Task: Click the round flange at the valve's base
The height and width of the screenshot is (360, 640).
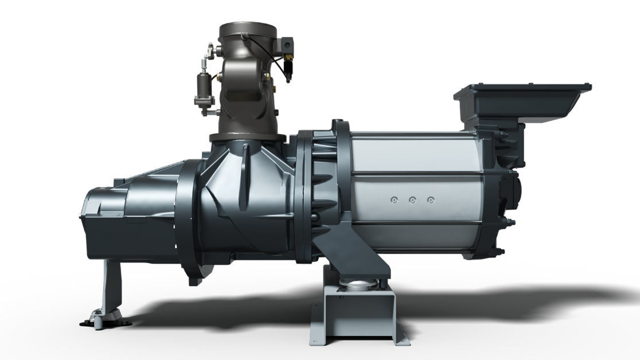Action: [248, 138]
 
